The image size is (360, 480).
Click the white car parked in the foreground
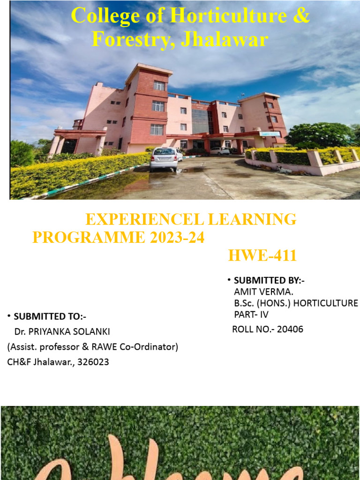tap(164, 158)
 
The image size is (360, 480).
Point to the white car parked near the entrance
tap(219, 150)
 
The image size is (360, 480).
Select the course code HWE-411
tap(262, 256)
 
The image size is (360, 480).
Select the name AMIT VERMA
tap(263, 292)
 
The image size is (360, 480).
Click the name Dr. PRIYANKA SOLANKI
tap(62, 331)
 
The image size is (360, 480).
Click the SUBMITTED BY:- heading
tap(269, 280)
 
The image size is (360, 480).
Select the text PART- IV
tap(252, 314)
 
